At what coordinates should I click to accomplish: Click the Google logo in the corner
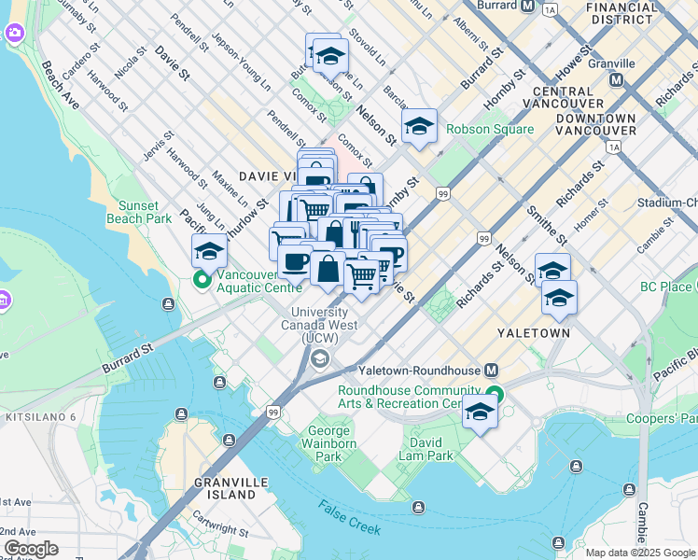click(31, 549)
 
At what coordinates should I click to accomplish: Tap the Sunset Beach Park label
click(145, 212)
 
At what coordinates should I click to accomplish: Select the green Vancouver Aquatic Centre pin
click(201, 279)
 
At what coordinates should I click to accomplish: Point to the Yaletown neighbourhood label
click(527, 331)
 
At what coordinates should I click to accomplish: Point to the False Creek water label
click(349, 517)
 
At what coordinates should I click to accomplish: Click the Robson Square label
click(490, 129)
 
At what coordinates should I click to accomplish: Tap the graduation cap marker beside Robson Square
click(419, 126)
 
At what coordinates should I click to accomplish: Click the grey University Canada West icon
click(320, 359)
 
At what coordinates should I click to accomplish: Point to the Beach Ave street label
click(60, 86)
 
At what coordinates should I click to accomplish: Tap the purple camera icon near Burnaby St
click(13, 34)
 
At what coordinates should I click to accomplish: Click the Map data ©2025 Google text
click(640, 553)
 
